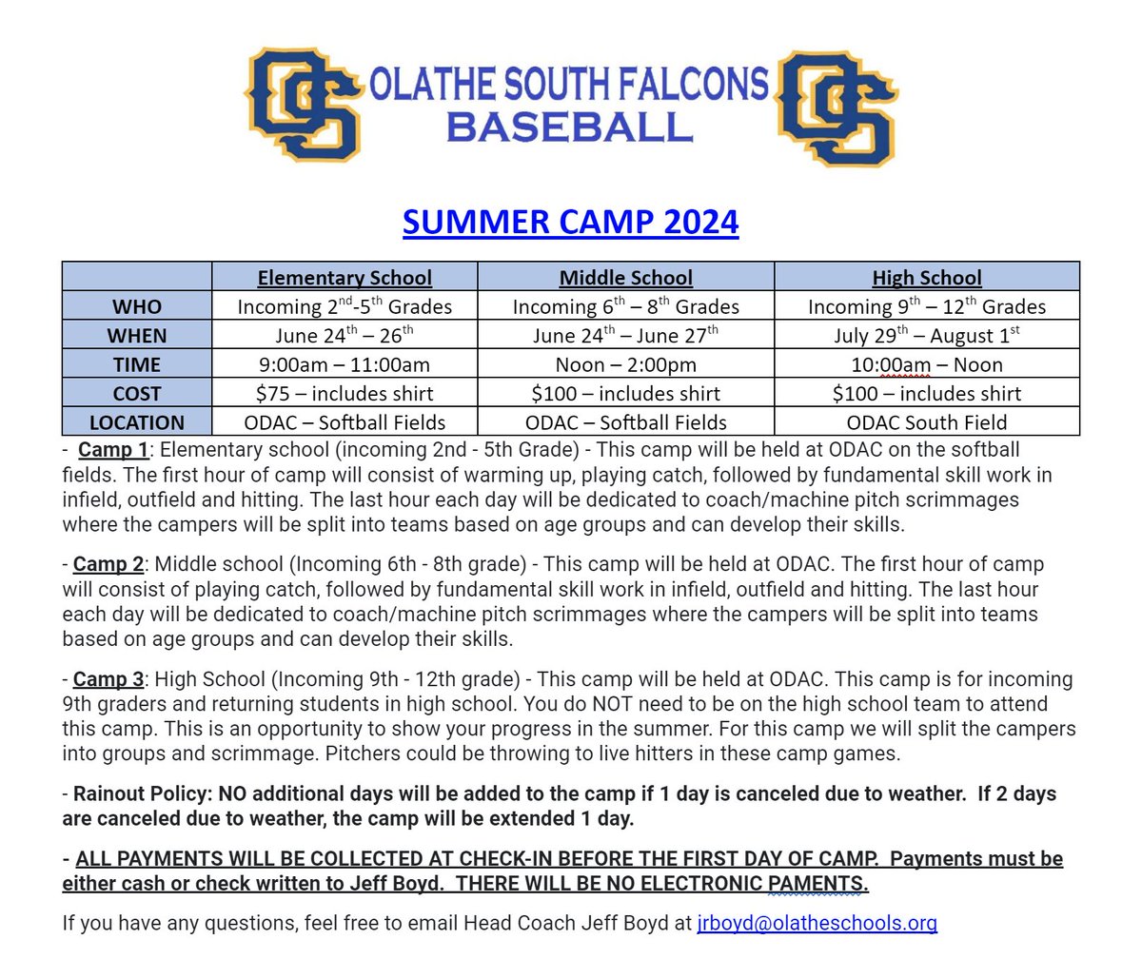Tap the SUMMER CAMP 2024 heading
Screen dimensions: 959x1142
(x=570, y=223)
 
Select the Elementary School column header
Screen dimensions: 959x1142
(x=345, y=278)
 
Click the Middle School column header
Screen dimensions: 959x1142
(x=625, y=278)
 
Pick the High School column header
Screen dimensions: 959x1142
(x=926, y=278)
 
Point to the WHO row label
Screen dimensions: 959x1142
(x=137, y=306)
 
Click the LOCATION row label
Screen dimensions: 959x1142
(x=137, y=422)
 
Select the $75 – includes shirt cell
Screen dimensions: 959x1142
(x=345, y=393)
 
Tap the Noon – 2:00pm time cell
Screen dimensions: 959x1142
(x=625, y=364)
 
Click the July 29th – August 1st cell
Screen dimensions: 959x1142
(x=926, y=335)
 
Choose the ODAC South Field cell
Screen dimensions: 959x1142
(x=926, y=422)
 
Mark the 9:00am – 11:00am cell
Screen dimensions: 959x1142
(x=345, y=364)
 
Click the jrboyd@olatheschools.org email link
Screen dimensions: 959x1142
(x=817, y=922)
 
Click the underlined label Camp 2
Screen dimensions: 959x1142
(x=108, y=564)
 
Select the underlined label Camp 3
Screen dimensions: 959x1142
(x=108, y=679)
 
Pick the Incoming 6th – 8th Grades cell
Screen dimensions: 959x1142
(x=625, y=306)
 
